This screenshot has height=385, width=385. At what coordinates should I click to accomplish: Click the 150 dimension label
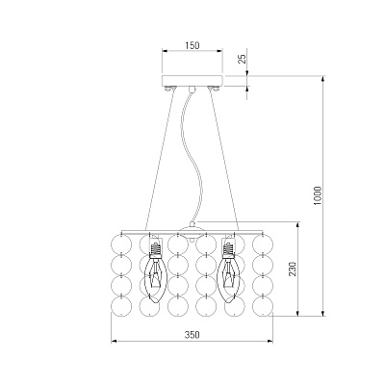pyautogui.click(x=192, y=45)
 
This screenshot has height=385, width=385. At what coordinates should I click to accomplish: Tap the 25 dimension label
pyautogui.click(x=244, y=59)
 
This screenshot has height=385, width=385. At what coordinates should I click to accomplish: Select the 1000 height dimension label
pyautogui.click(x=318, y=195)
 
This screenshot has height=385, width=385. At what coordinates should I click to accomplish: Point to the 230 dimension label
pyautogui.click(x=293, y=269)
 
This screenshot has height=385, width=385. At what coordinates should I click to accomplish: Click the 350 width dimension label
pyautogui.click(x=192, y=335)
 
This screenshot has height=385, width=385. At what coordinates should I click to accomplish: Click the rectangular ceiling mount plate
pyautogui.click(x=192, y=81)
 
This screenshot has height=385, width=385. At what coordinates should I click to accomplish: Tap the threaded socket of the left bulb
pyautogui.click(x=155, y=248)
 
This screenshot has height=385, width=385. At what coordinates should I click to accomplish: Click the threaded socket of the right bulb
pyautogui.click(x=229, y=248)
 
